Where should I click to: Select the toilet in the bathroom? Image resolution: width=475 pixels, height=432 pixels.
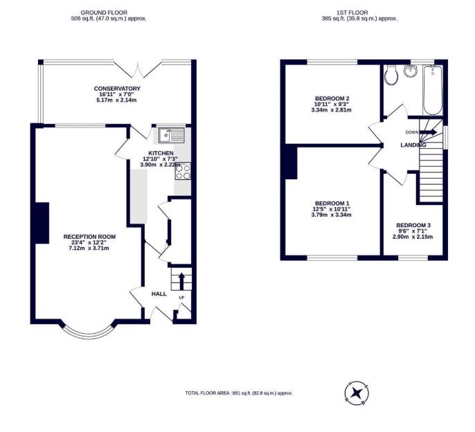[x=391, y=75]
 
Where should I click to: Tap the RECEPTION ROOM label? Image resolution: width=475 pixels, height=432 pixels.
[x=89, y=237]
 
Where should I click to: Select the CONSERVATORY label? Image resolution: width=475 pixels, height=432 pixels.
[x=118, y=89]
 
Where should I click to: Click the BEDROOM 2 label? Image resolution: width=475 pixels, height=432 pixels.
[x=332, y=98]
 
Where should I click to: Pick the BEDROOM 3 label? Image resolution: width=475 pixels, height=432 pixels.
[x=413, y=226]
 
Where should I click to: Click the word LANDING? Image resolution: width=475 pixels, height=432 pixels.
[x=413, y=145]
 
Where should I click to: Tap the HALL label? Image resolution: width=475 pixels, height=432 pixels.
[x=159, y=294]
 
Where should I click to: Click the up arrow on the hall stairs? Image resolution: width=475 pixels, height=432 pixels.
[x=181, y=280]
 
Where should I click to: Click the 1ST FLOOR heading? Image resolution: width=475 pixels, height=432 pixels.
[x=360, y=12]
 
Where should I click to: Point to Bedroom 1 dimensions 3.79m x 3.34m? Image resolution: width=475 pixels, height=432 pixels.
[x=332, y=215]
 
